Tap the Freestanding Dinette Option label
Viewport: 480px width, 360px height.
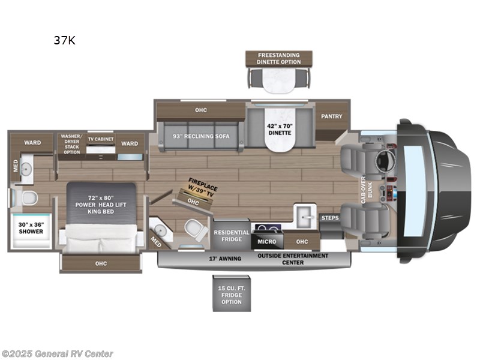click(279, 58)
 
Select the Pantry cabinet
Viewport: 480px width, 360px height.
click(331, 116)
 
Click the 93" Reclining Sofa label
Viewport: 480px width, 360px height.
click(194, 136)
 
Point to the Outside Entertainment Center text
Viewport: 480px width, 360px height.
click(293, 259)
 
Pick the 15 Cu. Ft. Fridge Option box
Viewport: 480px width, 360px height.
click(230, 294)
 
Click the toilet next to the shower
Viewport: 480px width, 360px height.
click(25, 197)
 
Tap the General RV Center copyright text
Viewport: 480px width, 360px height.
click(58, 354)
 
